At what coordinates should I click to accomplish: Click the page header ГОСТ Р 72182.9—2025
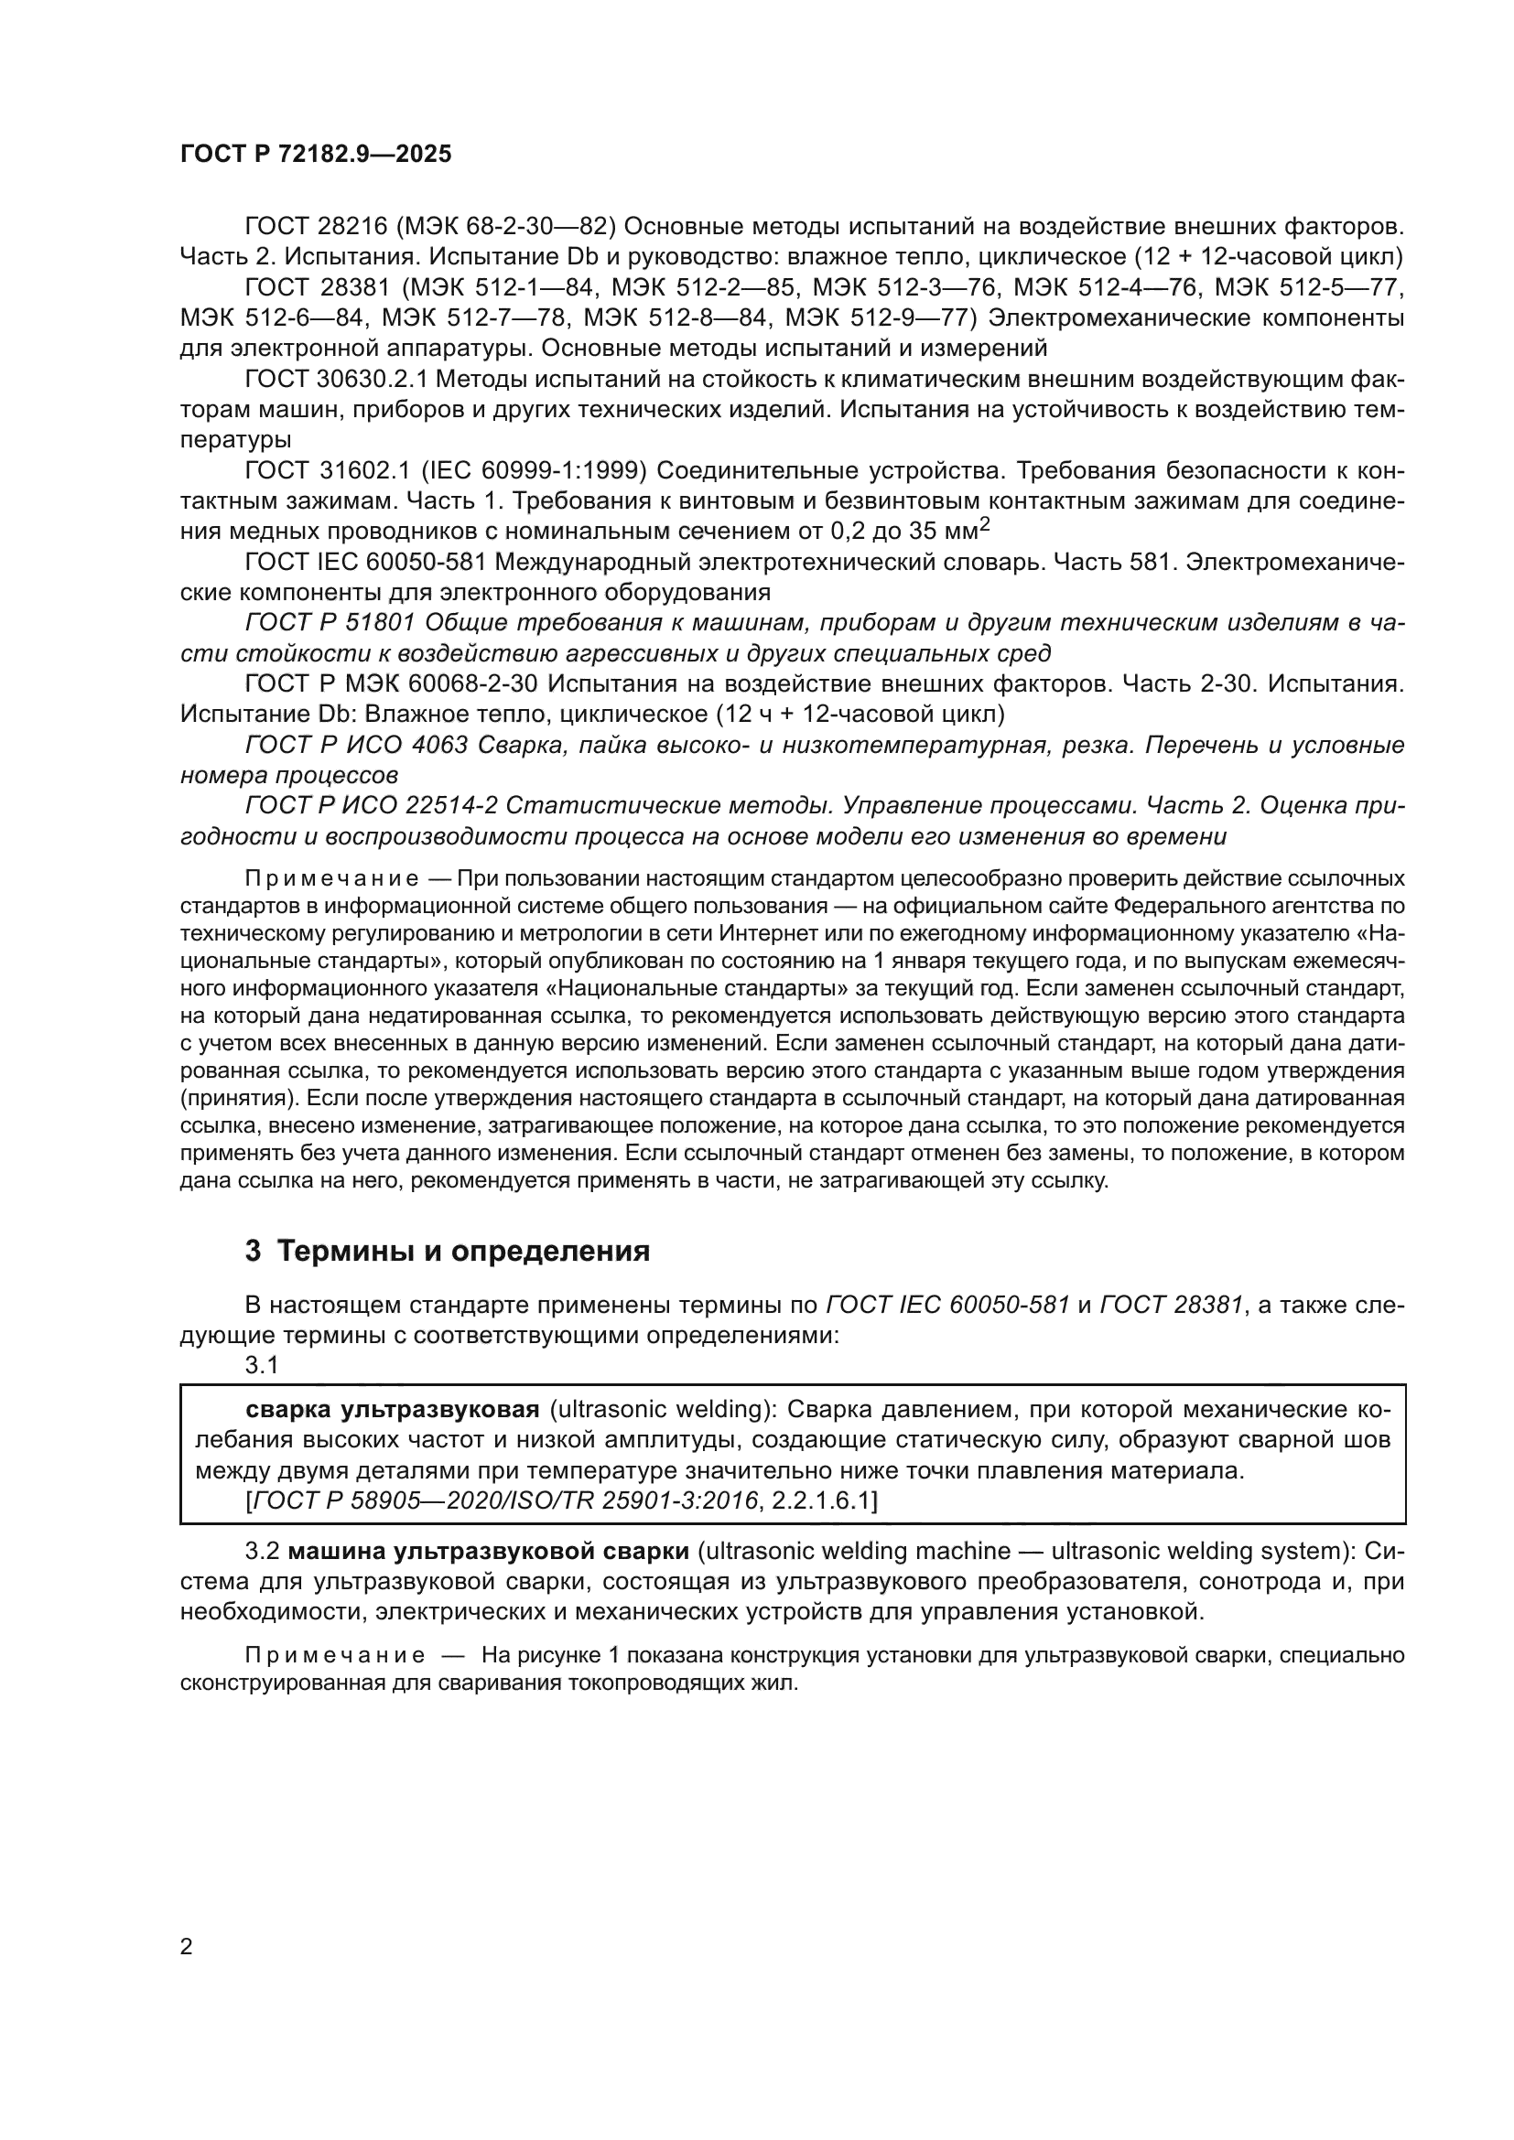pos(315,155)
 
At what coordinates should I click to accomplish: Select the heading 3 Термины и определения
pos(448,1250)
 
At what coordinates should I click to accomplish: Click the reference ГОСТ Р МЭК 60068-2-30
pos(392,684)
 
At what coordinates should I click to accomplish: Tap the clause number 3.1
pos(261,1365)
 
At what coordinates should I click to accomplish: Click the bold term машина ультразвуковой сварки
pos(489,1551)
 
